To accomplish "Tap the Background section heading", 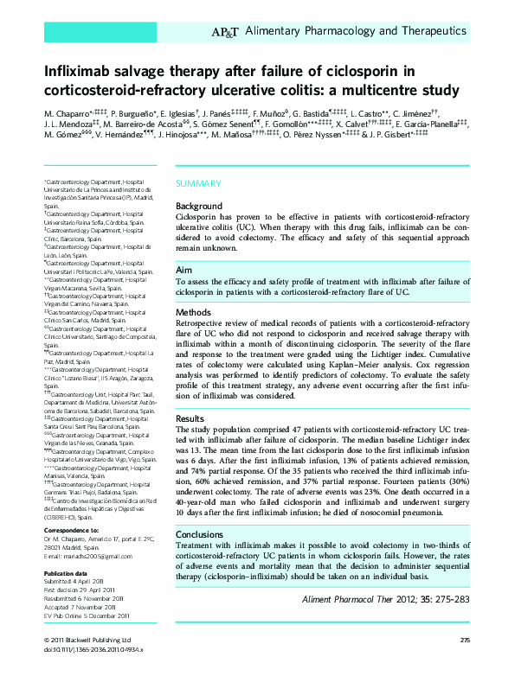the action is tap(199, 206).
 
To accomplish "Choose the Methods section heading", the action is tap(193, 311).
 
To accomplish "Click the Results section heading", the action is tap(190, 418).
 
